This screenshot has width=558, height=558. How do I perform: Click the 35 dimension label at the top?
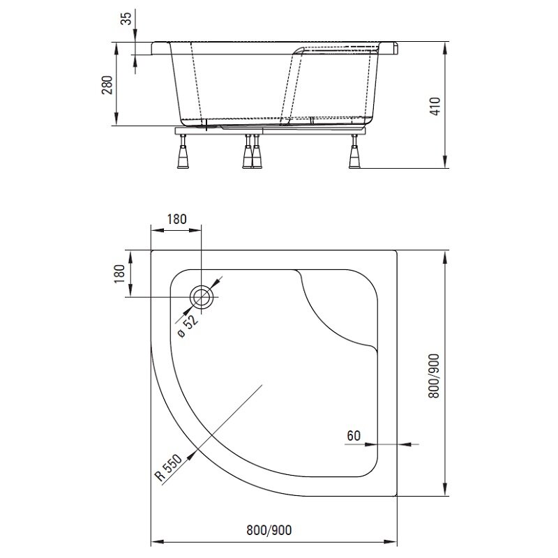[126, 18]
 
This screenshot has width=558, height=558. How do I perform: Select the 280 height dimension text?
[107, 84]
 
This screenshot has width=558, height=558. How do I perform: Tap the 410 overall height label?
[435, 106]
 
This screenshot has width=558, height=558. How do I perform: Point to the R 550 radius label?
[169, 467]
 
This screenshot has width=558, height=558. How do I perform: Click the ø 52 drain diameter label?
[188, 326]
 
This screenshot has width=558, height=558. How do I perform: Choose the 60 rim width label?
[354, 435]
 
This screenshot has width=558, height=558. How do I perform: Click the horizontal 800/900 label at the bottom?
[269, 530]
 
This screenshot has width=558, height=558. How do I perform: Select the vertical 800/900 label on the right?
[434, 376]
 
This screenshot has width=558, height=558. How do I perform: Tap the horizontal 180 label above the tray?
[176, 219]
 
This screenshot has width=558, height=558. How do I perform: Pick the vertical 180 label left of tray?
[119, 273]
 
